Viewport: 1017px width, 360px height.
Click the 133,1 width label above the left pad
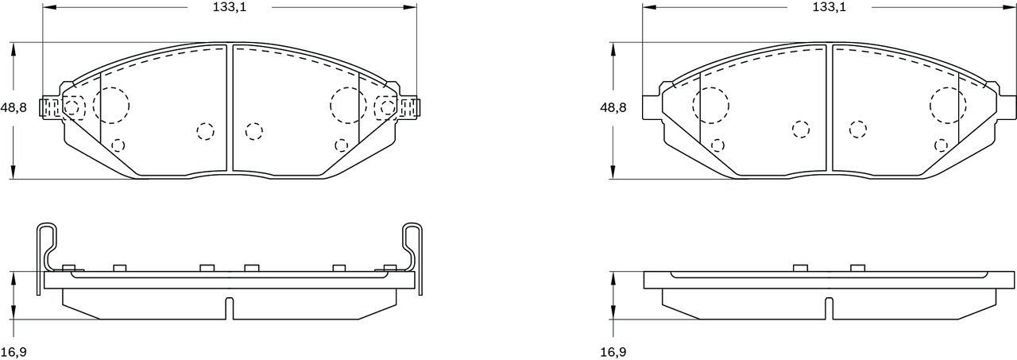tap(230, 7)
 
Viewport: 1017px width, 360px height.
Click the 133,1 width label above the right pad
tap(829, 7)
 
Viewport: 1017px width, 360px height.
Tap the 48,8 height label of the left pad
tap(14, 107)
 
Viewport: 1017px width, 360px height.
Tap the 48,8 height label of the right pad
tap(613, 107)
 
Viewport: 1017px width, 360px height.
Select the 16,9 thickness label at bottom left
tap(14, 352)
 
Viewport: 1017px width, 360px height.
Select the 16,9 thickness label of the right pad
tap(613, 352)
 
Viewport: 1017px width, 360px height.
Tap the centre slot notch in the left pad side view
tap(230, 308)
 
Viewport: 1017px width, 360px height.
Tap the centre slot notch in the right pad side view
tap(829, 308)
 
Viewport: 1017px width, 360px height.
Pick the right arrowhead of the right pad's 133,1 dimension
tap(1010, 7)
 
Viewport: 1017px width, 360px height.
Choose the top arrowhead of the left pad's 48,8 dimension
tap(14, 50)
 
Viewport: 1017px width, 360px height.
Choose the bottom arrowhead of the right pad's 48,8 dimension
tap(613, 172)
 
